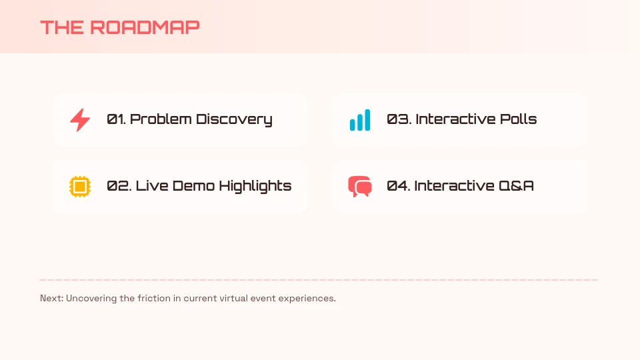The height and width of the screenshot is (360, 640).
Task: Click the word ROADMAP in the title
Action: click(x=145, y=27)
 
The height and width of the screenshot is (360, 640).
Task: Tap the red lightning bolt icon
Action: click(x=80, y=120)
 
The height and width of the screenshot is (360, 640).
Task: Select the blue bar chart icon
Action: click(x=360, y=120)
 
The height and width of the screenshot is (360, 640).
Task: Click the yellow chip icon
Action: click(x=80, y=186)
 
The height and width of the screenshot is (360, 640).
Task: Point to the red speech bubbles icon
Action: click(x=360, y=186)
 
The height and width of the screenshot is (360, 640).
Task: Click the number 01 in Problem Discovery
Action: click(x=116, y=119)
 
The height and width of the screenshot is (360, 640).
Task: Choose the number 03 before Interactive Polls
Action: click(x=398, y=119)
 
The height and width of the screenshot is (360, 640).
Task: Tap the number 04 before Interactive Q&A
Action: click(x=398, y=186)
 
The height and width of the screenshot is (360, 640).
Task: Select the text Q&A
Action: click(x=517, y=186)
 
